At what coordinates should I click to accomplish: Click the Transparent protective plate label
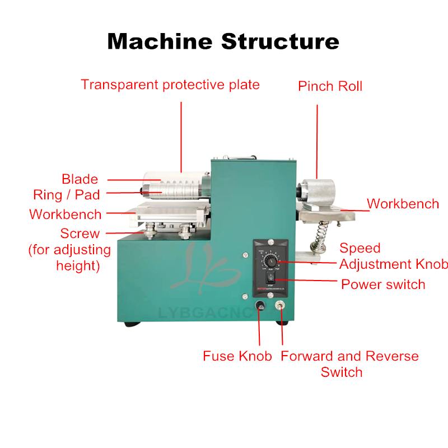click(170, 85)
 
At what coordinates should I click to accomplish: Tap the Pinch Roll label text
click(330, 86)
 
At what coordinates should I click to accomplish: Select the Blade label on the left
click(80, 179)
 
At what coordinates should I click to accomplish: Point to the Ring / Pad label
click(67, 195)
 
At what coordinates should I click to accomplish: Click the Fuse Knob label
click(237, 356)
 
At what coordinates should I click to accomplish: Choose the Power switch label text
click(383, 284)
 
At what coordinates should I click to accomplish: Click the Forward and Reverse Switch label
click(349, 356)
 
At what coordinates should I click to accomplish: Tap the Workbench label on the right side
click(403, 204)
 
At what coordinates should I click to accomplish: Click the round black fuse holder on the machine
click(260, 306)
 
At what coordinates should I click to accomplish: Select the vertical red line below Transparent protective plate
click(181, 134)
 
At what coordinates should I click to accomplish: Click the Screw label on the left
click(80, 234)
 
